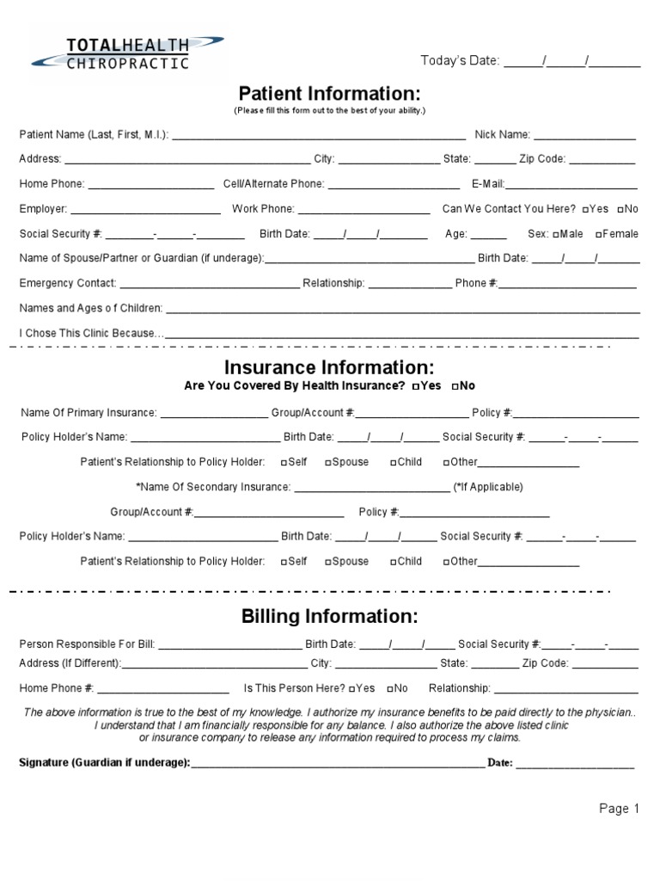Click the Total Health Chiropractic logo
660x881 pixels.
127,52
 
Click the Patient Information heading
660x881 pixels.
329,93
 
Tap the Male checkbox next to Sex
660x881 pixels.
557,234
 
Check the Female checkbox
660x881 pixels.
598,234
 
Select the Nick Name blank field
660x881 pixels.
585,136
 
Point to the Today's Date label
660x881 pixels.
460,60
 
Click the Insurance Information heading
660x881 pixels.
329,368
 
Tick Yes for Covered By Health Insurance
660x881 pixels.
416,386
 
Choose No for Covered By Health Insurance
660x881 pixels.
455,386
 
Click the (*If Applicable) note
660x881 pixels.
488,487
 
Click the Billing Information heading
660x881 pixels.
329,617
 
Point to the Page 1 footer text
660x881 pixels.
620,809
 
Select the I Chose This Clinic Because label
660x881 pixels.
90,333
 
